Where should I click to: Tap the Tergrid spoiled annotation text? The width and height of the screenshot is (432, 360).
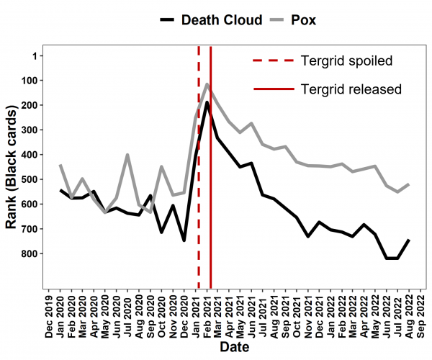tap(346, 60)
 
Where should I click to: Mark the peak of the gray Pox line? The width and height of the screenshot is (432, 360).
tap(207, 84)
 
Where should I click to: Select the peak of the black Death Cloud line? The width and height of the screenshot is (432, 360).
tap(207, 102)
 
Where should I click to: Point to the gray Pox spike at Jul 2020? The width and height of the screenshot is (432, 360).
tap(127, 155)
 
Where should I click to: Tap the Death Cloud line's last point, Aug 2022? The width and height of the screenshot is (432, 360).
tap(409, 240)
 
